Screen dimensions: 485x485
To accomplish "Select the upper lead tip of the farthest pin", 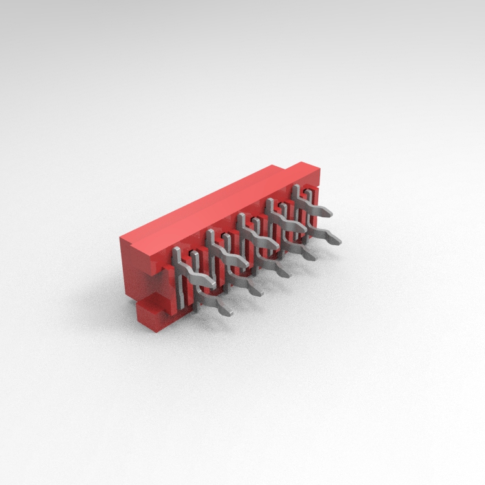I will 329,211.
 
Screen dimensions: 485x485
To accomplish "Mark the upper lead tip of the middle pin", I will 274,246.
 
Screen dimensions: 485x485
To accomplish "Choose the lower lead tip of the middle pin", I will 285,275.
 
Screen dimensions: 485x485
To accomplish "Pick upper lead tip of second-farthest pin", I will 303,228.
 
